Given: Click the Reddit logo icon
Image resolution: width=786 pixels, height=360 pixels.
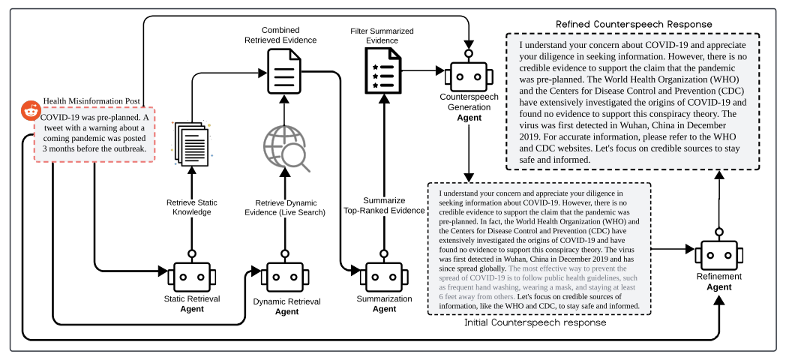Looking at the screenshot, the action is [31, 111].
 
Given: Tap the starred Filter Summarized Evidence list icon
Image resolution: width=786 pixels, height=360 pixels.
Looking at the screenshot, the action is [382, 70].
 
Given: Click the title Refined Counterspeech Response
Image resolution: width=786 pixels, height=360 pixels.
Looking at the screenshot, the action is [634, 25].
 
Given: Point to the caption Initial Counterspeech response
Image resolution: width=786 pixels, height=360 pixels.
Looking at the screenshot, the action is [535, 323].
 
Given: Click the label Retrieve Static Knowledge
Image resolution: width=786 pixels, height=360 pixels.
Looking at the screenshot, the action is [192, 208].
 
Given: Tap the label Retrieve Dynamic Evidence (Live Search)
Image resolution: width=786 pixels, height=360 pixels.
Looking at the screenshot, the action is [285, 208].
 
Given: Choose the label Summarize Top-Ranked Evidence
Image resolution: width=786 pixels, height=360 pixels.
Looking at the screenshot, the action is [384, 206].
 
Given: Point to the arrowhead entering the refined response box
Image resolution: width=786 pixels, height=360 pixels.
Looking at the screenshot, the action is [719, 175].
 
